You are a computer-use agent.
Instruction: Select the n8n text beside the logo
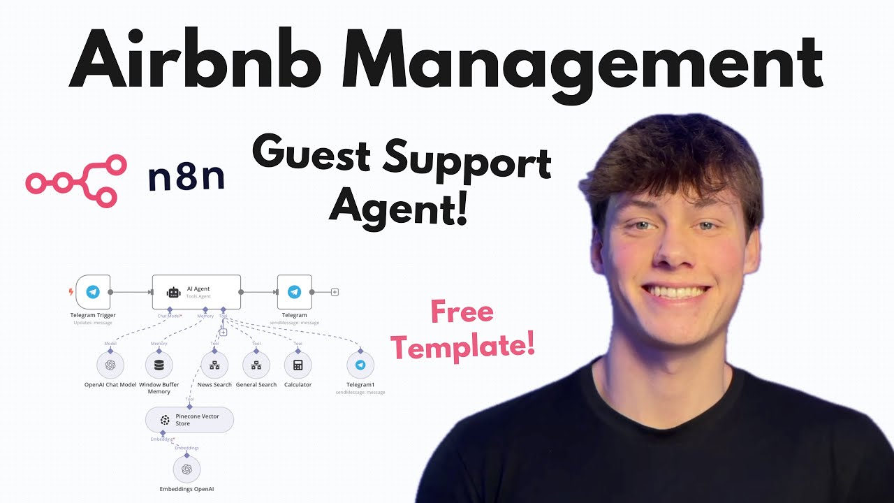[x=186, y=178]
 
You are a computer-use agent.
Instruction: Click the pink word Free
[x=462, y=312]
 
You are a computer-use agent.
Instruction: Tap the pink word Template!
[x=463, y=345]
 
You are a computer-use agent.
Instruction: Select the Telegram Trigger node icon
[x=93, y=292]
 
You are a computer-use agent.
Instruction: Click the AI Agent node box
[x=196, y=292]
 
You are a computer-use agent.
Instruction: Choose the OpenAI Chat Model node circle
[x=110, y=365]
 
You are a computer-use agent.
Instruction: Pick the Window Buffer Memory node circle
[x=159, y=365]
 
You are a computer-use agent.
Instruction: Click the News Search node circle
[x=214, y=365]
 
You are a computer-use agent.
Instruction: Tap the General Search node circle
[x=256, y=365]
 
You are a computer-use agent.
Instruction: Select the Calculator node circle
[x=298, y=365]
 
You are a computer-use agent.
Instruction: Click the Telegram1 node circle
[x=360, y=365]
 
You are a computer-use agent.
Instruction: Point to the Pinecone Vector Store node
[x=189, y=420]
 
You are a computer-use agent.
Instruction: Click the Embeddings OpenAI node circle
[x=186, y=469]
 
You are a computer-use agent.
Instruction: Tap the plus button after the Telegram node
[x=335, y=292]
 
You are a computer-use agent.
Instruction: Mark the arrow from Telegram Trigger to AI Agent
[x=131, y=292]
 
